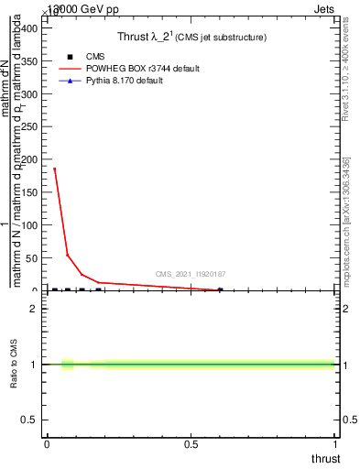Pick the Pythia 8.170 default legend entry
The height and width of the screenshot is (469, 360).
[x=138, y=81]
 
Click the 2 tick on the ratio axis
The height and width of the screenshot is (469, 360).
[x=35, y=309]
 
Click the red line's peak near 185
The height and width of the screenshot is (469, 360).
[x=55, y=169]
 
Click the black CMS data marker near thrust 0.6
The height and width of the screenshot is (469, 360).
[x=220, y=290]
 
